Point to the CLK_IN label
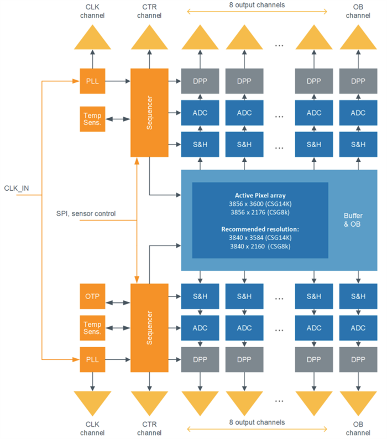(x=16, y=189)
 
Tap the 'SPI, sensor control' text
(x=86, y=213)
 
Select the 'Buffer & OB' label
(x=353, y=220)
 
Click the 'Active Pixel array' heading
(x=260, y=195)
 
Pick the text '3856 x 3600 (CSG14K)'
(x=260, y=203)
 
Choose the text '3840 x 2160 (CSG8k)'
(x=260, y=246)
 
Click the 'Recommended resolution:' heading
(x=260, y=229)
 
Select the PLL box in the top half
(x=93, y=81)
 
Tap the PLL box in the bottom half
(x=93, y=359)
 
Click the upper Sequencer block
(x=149, y=112)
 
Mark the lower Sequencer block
(x=149, y=328)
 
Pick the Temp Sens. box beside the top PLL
(x=93, y=118)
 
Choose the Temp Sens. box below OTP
(x=93, y=328)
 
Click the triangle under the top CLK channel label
(x=93, y=38)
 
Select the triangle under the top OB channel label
(x=358, y=38)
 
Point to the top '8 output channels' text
(x=257, y=6)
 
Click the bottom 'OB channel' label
(x=358, y=428)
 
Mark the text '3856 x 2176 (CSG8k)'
(x=260, y=212)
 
